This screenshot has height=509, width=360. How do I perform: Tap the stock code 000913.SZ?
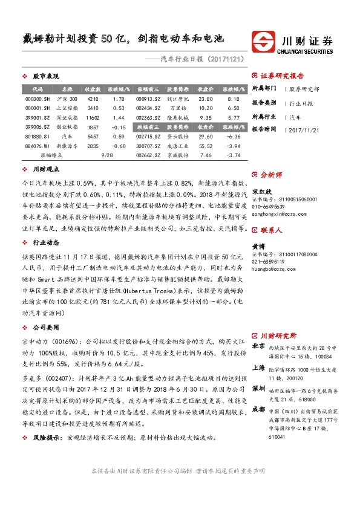pos(148,99)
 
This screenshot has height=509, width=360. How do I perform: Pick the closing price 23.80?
pos(206,99)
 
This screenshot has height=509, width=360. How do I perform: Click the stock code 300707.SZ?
pos(148,146)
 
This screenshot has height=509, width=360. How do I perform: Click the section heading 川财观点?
pos(46,170)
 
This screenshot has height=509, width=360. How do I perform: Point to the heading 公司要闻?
pos(46,327)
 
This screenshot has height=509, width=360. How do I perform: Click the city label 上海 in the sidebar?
pos(258,367)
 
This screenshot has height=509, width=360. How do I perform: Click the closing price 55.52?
pos(206,146)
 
